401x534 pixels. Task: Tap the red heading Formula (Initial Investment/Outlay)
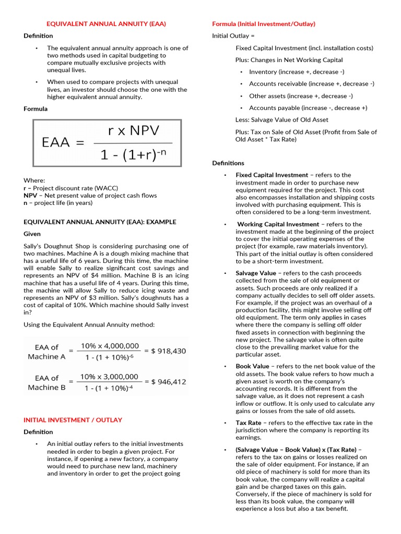(264, 24)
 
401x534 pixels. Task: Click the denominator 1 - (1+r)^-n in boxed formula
(134, 155)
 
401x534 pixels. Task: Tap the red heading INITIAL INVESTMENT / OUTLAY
(73, 420)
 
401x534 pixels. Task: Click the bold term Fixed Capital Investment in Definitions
(272, 175)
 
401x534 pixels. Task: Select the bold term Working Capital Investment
(278, 224)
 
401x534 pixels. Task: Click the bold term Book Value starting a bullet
(252, 367)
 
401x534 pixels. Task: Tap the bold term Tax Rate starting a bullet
(249, 423)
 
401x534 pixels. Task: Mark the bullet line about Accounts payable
(308, 108)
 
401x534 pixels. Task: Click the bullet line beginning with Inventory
(297, 72)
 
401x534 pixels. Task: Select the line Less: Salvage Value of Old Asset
(282, 120)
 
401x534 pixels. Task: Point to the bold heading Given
(32, 234)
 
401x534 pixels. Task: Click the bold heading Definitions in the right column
(228, 163)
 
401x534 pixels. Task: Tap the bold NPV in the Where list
(30, 196)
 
